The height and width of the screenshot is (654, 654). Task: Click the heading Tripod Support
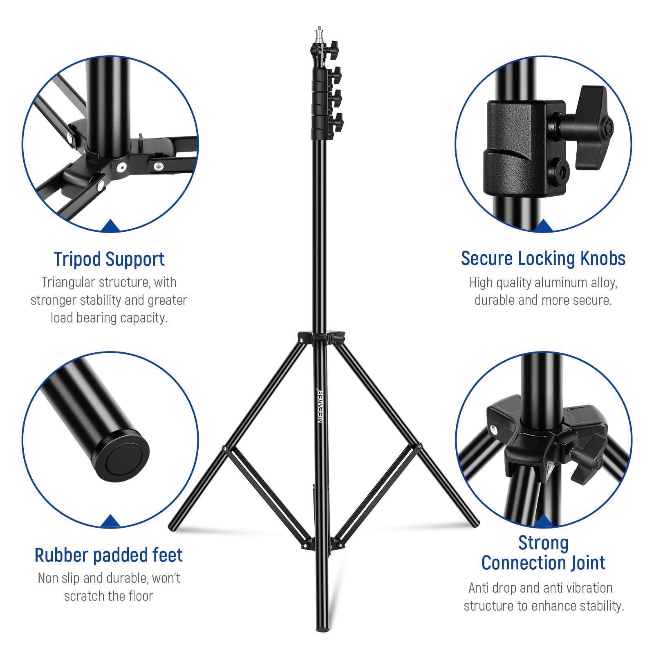click(109, 259)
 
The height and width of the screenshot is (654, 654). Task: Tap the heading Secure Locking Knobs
click(543, 258)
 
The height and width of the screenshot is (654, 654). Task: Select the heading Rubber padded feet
click(108, 555)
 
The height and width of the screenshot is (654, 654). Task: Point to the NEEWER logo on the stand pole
click(321, 406)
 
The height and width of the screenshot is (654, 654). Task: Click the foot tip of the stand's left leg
click(172, 527)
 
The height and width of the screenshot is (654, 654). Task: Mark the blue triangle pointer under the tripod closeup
click(110, 226)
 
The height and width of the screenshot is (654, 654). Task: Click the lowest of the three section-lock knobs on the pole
click(338, 122)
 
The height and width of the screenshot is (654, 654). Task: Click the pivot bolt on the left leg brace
click(224, 448)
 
